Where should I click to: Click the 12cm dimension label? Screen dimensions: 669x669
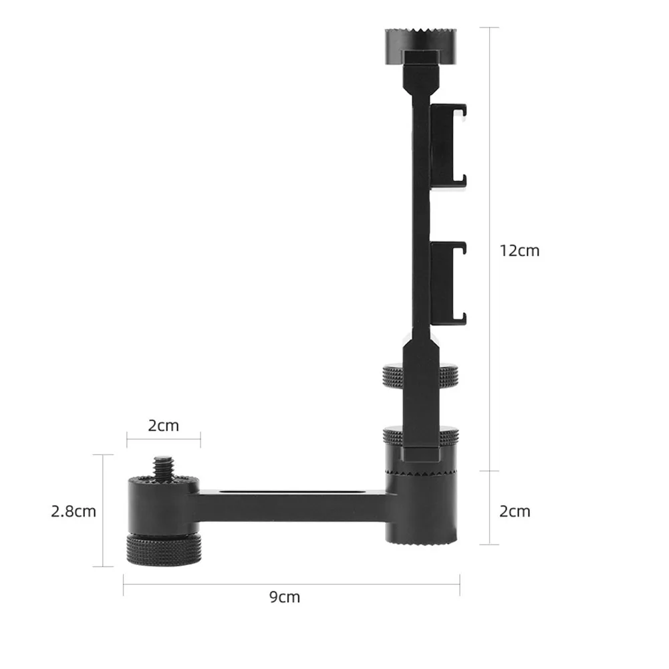tap(519, 251)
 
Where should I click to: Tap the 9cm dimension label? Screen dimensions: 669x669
tap(285, 597)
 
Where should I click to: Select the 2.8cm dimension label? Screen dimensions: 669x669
tap(74, 511)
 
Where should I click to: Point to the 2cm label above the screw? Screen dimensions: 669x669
tap(164, 425)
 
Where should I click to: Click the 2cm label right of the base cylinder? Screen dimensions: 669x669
tap(515, 511)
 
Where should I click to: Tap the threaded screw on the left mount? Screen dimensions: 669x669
tap(164, 468)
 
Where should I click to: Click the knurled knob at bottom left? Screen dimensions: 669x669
tap(164, 549)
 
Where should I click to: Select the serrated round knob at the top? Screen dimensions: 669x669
tap(420, 46)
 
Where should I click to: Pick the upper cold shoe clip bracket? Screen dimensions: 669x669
tap(448, 146)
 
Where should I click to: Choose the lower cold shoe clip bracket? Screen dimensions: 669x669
tap(448, 284)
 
